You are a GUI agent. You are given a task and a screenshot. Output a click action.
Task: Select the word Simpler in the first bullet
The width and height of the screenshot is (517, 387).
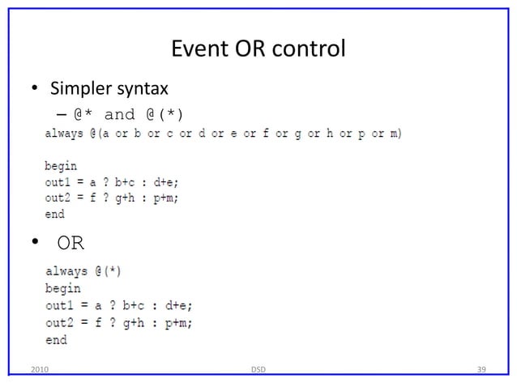pos(83,87)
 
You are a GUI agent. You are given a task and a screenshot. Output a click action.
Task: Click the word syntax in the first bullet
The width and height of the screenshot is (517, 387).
pos(143,87)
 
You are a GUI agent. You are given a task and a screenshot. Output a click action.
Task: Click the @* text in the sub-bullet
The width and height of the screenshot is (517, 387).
pos(84,113)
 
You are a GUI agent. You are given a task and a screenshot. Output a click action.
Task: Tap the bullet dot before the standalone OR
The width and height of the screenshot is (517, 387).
pos(36,241)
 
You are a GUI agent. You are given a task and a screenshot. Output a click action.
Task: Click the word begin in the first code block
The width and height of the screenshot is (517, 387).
pos(61,166)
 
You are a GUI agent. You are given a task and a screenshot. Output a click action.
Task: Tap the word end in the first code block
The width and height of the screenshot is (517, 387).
pos(54,215)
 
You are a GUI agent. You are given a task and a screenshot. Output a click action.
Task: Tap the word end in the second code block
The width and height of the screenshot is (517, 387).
pos(56,340)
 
